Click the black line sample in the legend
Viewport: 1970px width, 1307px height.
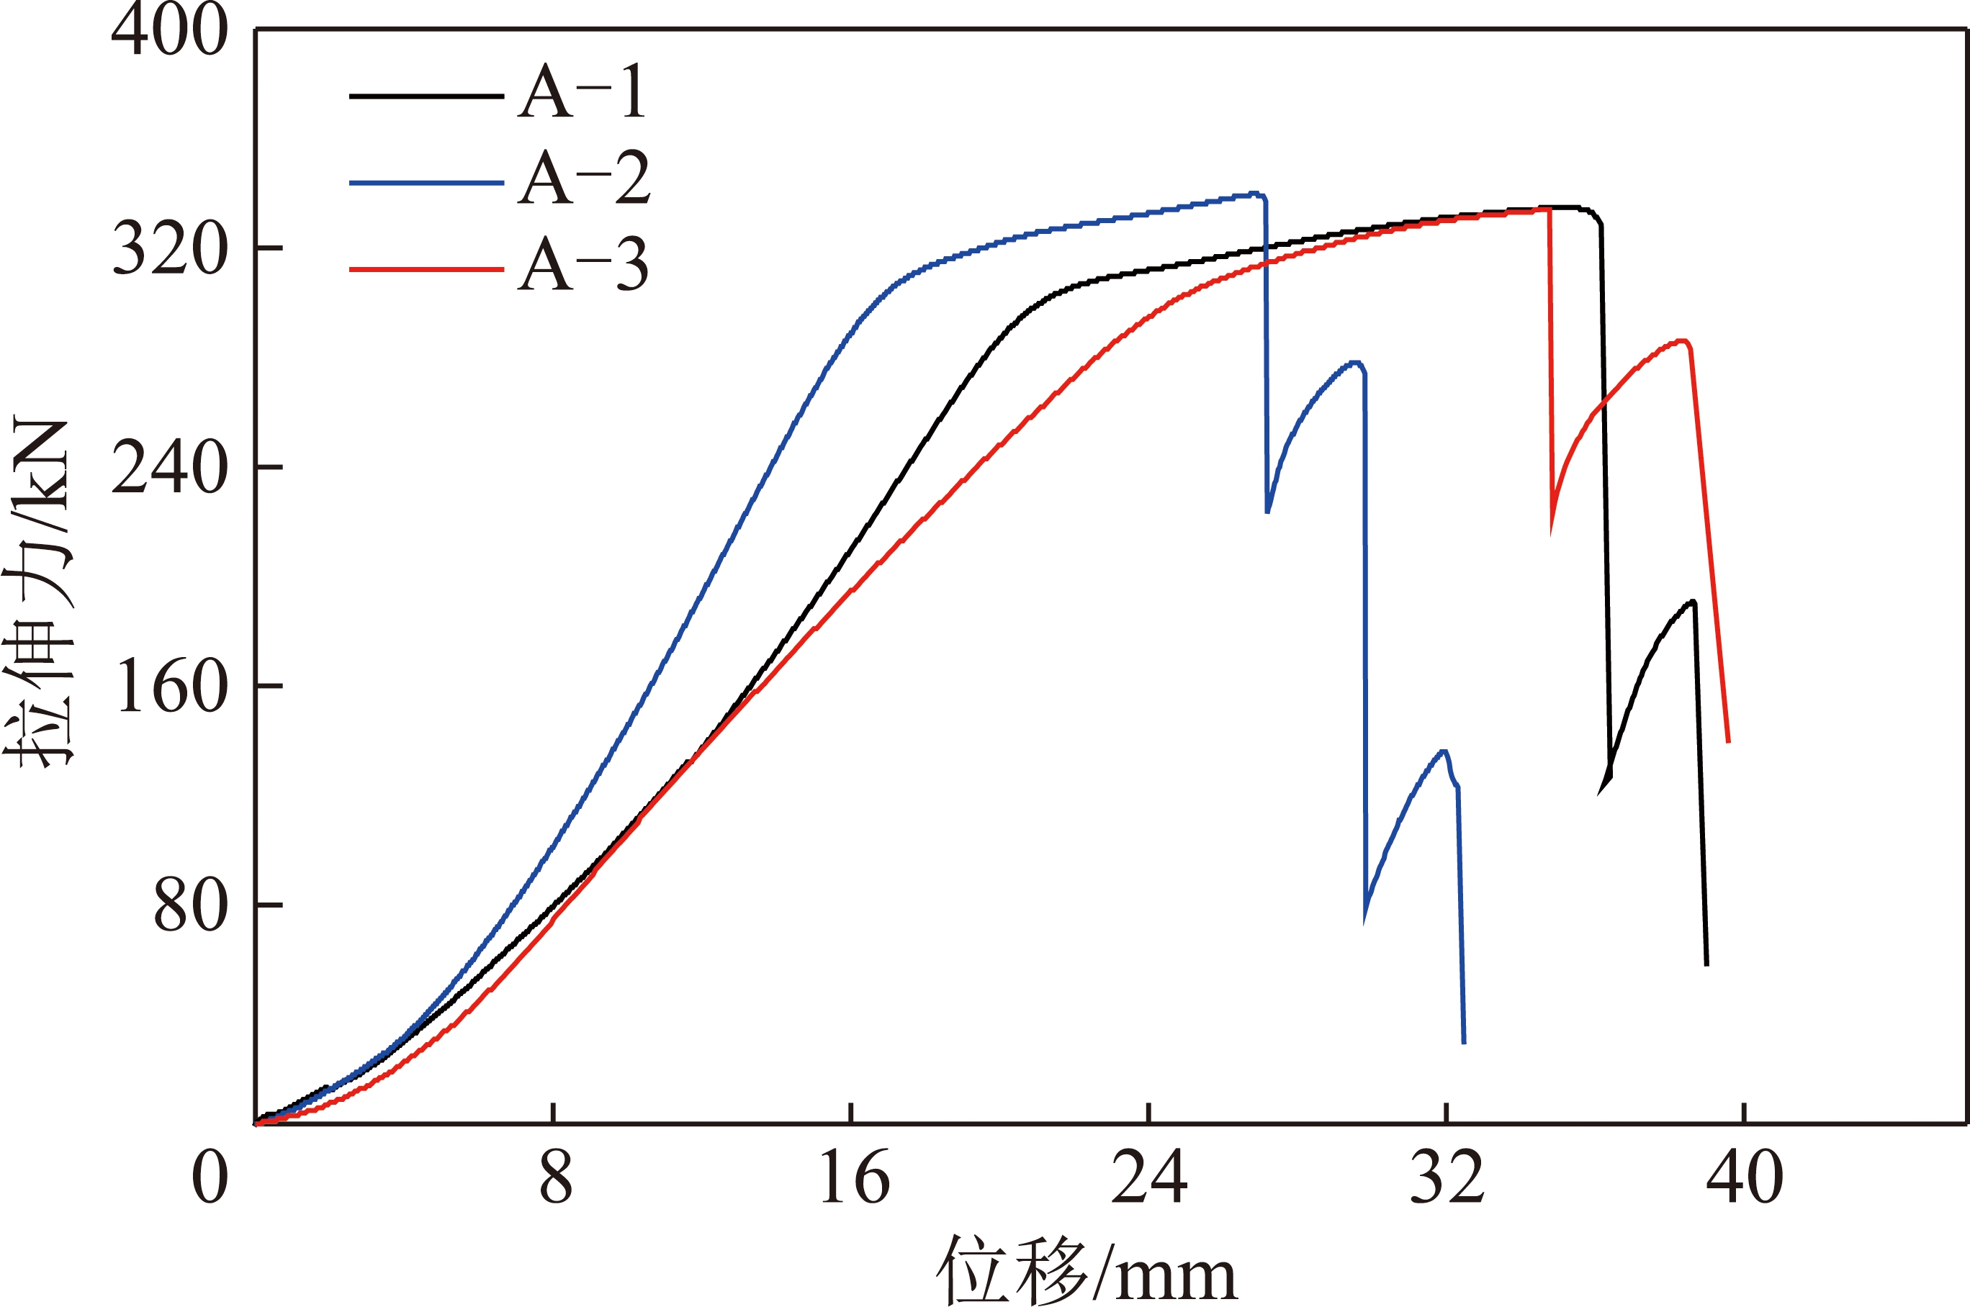[x=426, y=96]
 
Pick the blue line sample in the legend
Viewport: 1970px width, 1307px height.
[x=426, y=183]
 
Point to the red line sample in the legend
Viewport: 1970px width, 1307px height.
[x=426, y=269]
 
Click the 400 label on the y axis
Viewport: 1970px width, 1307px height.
[x=169, y=30]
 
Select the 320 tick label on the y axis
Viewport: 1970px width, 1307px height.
[x=169, y=248]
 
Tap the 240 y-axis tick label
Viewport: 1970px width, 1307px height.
[x=169, y=468]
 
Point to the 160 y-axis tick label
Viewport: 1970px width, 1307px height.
[x=173, y=686]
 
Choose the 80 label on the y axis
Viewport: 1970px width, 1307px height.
[x=190, y=905]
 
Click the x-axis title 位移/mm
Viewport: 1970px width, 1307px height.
[x=1087, y=1271]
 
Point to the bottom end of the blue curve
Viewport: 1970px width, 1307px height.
[x=1464, y=1041]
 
